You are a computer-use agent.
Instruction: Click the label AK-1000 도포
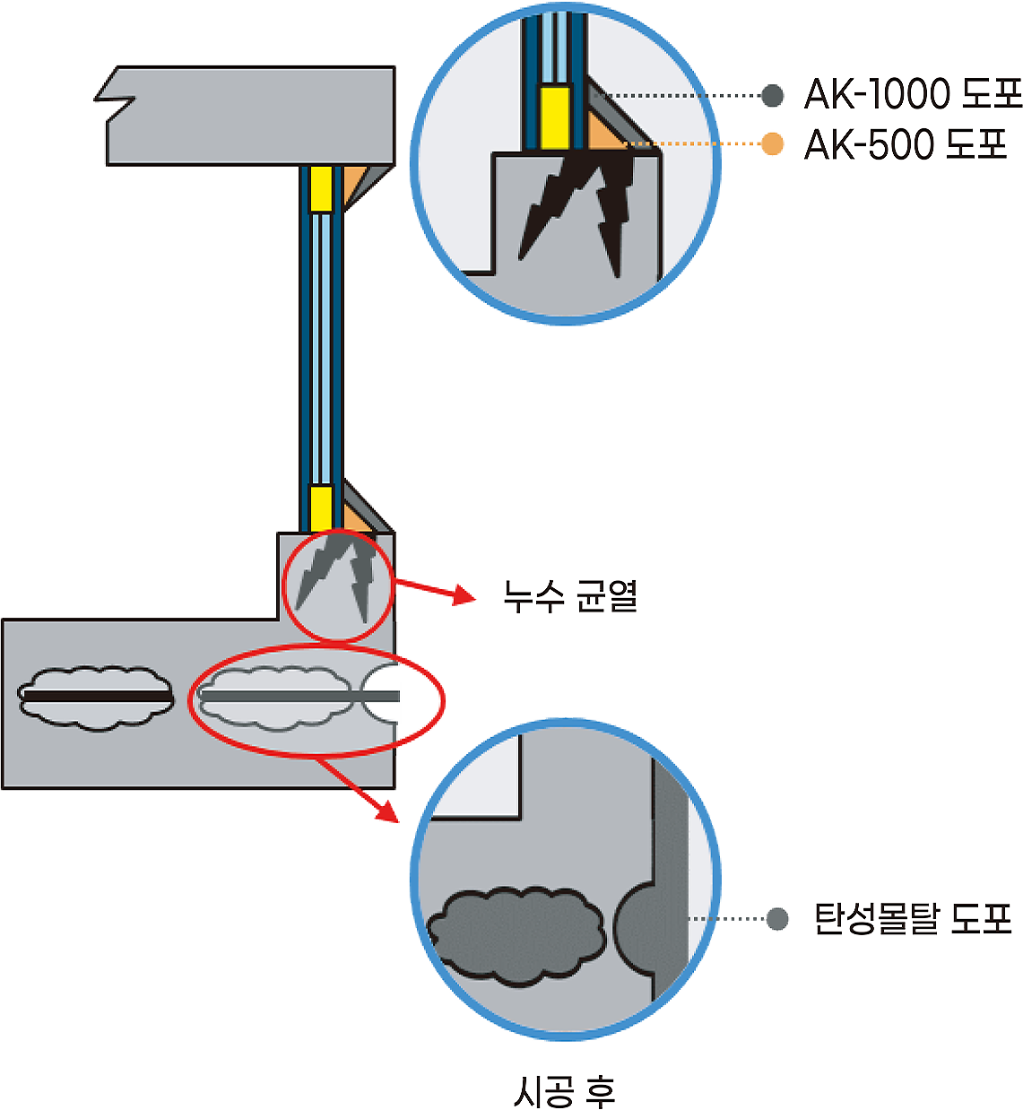click(913, 94)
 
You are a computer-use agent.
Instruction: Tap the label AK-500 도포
click(905, 144)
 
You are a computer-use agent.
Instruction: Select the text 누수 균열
click(570, 596)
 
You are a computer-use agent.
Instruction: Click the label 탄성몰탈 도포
click(913, 919)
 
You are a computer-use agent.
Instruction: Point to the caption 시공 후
click(564, 1091)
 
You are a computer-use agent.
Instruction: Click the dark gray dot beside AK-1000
click(772, 95)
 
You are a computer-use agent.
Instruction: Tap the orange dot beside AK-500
click(772, 143)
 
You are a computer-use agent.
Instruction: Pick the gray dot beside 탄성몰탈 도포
click(777, 919)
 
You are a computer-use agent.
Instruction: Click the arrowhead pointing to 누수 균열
click(464, 596)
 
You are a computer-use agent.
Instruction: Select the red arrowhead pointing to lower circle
click(387, 812)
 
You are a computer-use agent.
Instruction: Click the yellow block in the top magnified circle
click(556, 117)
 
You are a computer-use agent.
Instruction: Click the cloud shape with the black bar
click(96, 698)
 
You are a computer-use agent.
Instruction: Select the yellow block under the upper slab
click(320, 188)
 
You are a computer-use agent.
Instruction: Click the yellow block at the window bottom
click(321, 508)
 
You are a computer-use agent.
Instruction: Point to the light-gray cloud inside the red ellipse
click(275, 698)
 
